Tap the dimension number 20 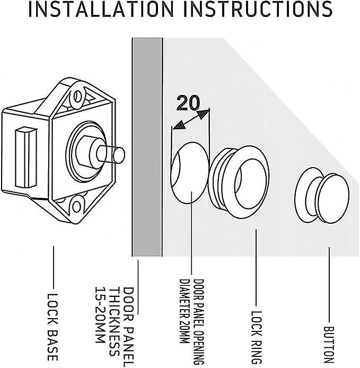click(x=188, y=103)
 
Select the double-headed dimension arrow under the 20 click(x=190, y=119)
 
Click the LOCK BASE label click(x=52, y=327)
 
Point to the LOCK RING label click(x=256, y=337)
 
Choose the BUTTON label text click(x=329, y=345)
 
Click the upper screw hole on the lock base click(x=77, y=96)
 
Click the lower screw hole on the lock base click(x=76, y=207)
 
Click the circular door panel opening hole click(x=190, y=173)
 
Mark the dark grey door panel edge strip click(x=147, y=147)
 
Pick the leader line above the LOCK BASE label click(x=53, y=267)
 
